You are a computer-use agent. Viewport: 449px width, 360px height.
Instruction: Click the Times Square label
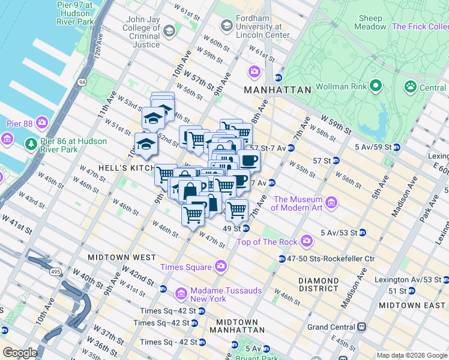(x=185, y=267)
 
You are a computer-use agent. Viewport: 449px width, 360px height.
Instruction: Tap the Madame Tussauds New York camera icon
(x=181, y=294)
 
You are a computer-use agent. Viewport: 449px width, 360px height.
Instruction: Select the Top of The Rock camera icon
(x=307, y=241)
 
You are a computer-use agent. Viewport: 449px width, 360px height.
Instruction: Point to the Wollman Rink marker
(x=376, y=86)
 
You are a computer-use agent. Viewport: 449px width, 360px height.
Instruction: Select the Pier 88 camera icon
(x=41, y=123)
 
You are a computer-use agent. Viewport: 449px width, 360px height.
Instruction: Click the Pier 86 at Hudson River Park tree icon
(x=31, y=145)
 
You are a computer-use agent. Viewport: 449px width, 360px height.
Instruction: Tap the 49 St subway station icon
(x=246, y=229)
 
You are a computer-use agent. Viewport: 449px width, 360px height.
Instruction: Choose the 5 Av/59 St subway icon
(x=396, y=146)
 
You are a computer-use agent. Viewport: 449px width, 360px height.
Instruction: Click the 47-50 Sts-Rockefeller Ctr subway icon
(x=282, y=259)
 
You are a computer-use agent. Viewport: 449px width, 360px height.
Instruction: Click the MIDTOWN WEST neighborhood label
(x=122, y=257)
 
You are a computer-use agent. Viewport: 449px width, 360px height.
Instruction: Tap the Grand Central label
(x=331, y=328)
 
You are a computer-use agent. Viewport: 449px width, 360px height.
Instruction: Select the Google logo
(x=20, y=353)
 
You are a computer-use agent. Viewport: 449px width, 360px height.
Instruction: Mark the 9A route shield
(x=82, y=82)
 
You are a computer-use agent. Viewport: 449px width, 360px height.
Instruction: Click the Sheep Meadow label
(x=370, y=23)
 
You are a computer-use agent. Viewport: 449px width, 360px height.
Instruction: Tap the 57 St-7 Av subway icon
(x=291, y=148)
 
